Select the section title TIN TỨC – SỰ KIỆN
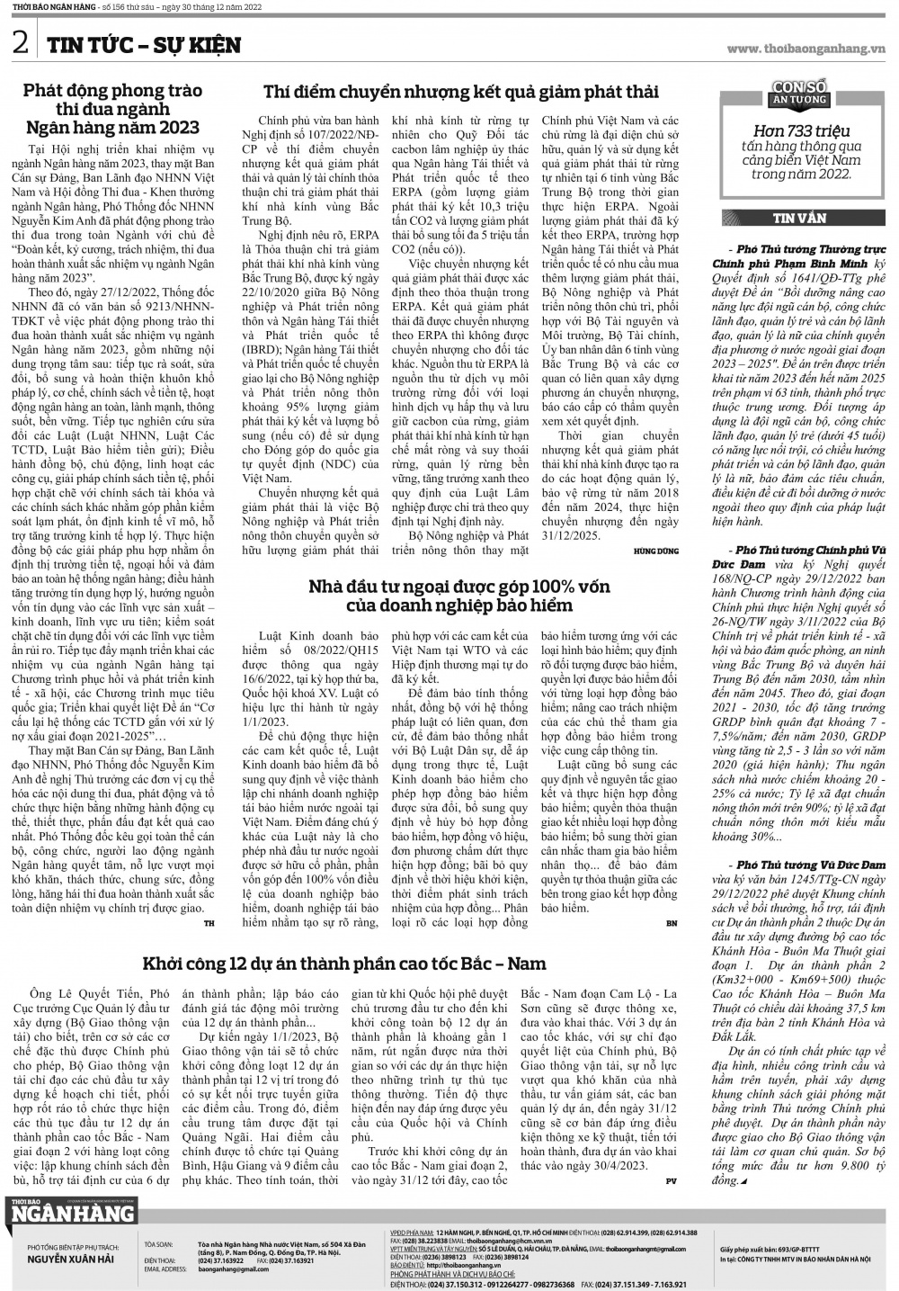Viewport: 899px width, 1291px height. [144, 45]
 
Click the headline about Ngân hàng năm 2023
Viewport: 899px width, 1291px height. [112, 109]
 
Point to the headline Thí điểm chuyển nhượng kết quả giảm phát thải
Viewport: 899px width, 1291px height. [460, 92]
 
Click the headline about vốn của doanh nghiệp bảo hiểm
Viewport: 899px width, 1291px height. [458, 596]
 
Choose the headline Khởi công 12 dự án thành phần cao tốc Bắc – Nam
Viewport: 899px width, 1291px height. [343, 964]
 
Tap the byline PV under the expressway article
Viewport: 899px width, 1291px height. [671, 1179]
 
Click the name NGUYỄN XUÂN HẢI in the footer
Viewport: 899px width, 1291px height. [71, 1260]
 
